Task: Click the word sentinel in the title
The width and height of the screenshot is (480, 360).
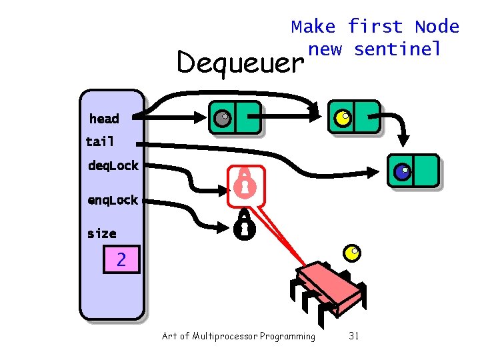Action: (397, 49)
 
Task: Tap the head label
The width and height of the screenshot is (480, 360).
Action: (104, 119)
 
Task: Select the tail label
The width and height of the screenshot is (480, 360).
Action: (100, 141)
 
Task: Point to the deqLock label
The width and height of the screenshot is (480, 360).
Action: (113, 165)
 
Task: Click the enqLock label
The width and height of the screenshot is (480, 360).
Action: (113, 200)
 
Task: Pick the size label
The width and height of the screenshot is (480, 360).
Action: (101, 233)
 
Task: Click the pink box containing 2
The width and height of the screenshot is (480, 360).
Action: (121, 259)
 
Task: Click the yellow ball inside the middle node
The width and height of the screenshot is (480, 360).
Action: (342, 118)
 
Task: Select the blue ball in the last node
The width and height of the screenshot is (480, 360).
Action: (401, 172)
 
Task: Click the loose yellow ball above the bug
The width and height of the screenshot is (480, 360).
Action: (352, 252)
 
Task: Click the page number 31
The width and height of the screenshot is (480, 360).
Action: (353, 336)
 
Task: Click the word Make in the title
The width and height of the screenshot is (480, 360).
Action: (314, 27)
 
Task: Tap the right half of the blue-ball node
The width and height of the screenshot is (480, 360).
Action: (425, 171)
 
